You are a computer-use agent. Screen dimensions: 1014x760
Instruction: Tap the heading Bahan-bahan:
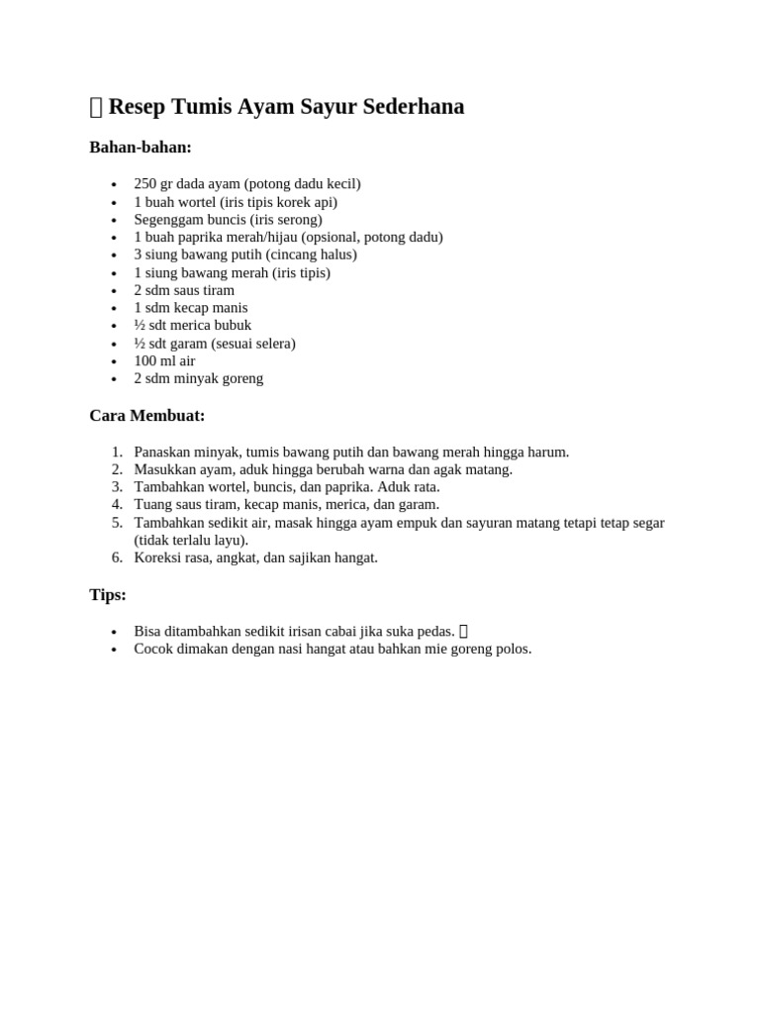pos(141,148)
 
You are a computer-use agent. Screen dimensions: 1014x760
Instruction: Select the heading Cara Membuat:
pos(147,416)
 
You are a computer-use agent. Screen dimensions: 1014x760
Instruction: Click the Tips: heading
pos(108,595)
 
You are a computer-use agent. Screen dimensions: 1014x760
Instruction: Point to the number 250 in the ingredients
pos(145,184)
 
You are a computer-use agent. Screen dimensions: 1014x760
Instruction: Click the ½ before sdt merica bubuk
pos(140,325)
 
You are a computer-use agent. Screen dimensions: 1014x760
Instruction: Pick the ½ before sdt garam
pos(140,344)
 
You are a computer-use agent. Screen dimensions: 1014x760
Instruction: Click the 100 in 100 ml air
pos(145,361)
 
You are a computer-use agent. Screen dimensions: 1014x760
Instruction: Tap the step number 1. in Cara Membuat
pos(117,453)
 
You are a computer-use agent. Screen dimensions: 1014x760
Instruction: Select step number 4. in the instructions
pos(117,505)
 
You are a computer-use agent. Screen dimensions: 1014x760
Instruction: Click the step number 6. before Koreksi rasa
pos(117,558)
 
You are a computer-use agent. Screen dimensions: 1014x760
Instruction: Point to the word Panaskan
pos(161,453)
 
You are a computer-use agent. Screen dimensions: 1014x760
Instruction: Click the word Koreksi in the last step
pos(157,558)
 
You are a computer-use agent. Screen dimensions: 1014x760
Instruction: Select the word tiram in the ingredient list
pos(218,290)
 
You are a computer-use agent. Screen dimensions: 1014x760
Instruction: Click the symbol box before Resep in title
pos(96,108)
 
